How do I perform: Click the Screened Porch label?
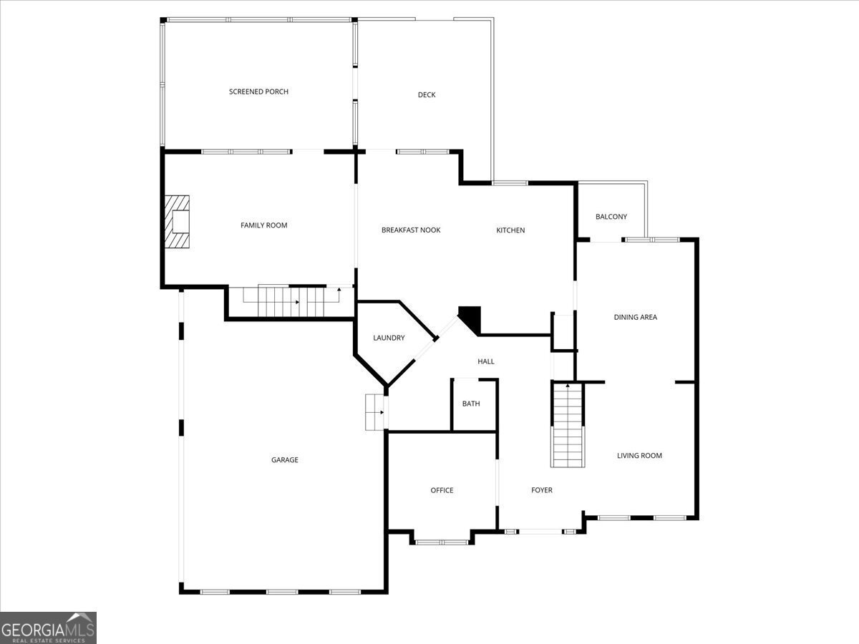(x=258, y=92)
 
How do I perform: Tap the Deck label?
(x=427, y=94)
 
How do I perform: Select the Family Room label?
(x=263, y=225)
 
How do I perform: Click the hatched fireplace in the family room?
(x=177, y=222)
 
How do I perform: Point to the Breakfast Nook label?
(x=411, y=230)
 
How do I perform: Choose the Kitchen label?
(x=510, y=230)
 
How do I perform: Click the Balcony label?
(x=611, y=217)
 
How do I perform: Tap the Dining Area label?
(x=635, y=317)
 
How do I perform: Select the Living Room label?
(x=639, y=456)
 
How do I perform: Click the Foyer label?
(x=542, y=490)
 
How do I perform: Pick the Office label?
(x=442, y=490)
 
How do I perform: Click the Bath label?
(x=471, y=404)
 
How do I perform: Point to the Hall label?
(x=485, y=361)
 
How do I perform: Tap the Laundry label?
(x=389, y=338)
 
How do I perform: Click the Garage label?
(x=284, y=460)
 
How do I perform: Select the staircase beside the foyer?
(x=568, y=426)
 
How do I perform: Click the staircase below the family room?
(x=291, y=301)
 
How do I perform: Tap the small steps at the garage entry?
(x=374, y=412)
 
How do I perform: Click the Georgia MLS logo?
(x=48, y=628)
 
